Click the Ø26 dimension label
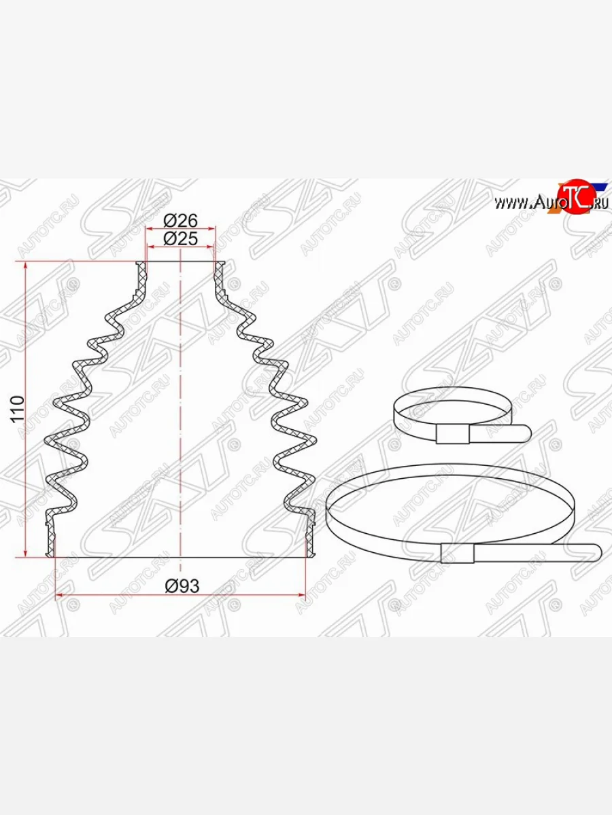(x=180, y=221)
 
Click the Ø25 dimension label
(x=180, y=238)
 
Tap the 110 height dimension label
(x=18, y=408)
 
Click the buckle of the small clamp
(x=450, y=433)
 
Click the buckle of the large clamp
(x=457, y=553)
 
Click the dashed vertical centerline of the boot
(x=180, y=407)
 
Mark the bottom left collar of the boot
(x=50, y=537)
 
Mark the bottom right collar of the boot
(x=311, y=537)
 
